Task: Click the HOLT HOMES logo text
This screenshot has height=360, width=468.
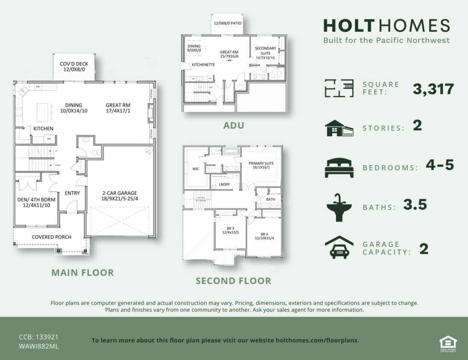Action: (386, 26)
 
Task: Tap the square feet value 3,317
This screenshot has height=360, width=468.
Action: (433, 89)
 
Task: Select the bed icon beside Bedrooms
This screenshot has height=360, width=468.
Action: (339, 167)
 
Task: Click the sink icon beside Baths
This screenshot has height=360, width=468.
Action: (339, 207)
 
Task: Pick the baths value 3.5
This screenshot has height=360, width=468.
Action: (415, 205)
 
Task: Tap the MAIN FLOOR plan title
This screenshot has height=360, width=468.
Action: (82, 272)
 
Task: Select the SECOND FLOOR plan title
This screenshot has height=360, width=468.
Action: (233, 281)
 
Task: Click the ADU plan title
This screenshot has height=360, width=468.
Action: (234, 126)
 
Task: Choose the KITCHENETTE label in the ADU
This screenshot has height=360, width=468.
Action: (203, 65)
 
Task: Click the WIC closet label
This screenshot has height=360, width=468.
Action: (196, 169)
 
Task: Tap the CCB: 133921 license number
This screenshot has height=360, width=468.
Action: (38, 337)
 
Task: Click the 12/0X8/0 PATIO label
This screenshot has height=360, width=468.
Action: (228, 23)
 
